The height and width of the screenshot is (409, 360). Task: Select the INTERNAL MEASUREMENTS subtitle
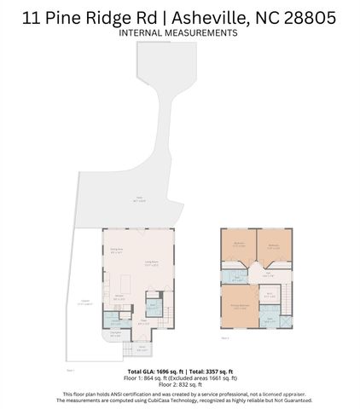[x=178, y=33]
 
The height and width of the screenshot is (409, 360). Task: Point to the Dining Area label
[x=118, y=251]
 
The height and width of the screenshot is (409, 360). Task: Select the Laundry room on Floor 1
[x=113, y=322]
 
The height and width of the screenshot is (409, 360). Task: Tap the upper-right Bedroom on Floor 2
[x=274, y=246]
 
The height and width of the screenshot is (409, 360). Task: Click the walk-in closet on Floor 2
[x=270, y=296]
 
